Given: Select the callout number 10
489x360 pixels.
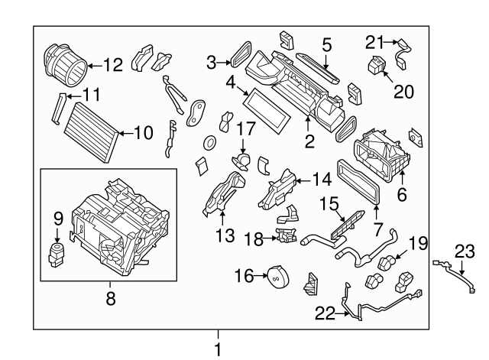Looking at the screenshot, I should pos(143,132).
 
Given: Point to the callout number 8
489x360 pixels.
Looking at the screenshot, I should pos(110,300).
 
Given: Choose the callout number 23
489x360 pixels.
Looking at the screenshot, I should pos(465,251).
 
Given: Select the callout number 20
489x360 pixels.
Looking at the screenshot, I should pos(403,92).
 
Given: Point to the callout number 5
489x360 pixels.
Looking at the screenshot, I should pos(326,45).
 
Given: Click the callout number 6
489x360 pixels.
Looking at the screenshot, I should pos(402,195).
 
